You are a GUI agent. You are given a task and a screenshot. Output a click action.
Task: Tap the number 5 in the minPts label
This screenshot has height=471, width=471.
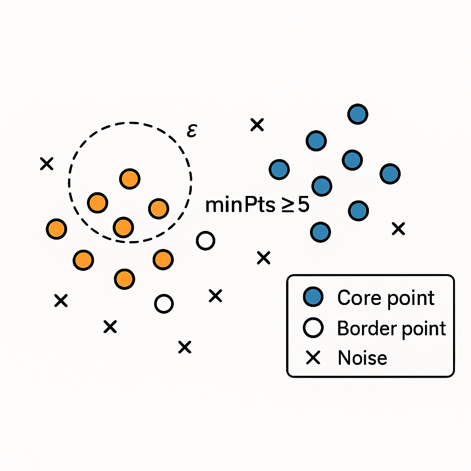click(303, 205)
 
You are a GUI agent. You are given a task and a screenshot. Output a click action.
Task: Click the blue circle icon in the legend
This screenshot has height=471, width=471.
click(314, 298)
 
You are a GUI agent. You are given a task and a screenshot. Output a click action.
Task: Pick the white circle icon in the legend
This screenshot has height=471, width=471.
click(314, 328)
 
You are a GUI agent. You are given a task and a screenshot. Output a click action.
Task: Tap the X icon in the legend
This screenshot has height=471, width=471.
click(314, 357)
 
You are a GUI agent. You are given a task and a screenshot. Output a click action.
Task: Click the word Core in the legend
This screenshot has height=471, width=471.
click(357, 298)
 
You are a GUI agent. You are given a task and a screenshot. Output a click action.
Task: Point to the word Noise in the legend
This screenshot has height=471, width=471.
click(362, 358)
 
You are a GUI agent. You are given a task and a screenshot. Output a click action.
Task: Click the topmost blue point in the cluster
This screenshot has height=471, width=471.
click(358, 114)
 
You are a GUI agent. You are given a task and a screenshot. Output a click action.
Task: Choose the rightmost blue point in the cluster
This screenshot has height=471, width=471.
click(390, 174)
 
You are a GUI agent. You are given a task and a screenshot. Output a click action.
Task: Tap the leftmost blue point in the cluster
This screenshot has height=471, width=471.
click(279, 170)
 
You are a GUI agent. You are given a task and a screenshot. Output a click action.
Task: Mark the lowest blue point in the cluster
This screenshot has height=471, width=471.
click(321, 232)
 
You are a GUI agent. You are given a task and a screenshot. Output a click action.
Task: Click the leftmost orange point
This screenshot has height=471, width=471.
click(57, 229)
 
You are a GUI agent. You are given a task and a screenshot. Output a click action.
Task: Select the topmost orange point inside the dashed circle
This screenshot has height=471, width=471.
click(130, 178)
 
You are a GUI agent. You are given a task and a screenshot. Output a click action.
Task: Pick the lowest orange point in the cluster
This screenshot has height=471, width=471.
click(124, 279)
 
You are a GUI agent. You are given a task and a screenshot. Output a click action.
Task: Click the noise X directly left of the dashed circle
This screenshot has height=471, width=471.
click(46, 163)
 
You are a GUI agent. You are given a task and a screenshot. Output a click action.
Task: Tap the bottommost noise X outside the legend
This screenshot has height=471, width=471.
click(184, 347)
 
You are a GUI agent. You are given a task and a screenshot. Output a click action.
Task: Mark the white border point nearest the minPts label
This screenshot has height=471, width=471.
click(205, 241)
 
